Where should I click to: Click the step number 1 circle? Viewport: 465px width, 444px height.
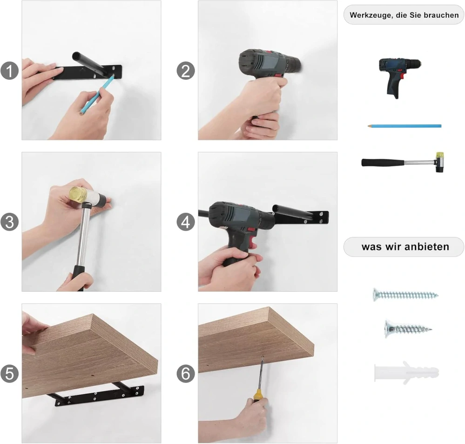[x=9, y=71]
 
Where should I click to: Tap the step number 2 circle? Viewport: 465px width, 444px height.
[x=186, y=71]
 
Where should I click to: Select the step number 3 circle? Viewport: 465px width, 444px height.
[x=9, y=222]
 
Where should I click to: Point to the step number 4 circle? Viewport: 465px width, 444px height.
[x=186, y=222]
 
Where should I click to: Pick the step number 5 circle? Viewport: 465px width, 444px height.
[x=9, y=373]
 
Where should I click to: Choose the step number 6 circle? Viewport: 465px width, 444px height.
[x=186, y=373]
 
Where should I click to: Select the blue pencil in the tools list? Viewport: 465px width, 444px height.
[x=404, y=126]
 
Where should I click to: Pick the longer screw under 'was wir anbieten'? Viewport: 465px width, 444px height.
[x=405, y=295]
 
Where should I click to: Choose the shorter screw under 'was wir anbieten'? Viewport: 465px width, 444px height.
[x=408, y=329]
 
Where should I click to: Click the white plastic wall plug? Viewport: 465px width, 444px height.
[x=406, y=372]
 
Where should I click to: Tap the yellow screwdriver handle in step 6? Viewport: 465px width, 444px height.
[x=257, y=396]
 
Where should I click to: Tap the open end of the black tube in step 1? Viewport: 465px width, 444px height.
[x=76, y=56]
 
